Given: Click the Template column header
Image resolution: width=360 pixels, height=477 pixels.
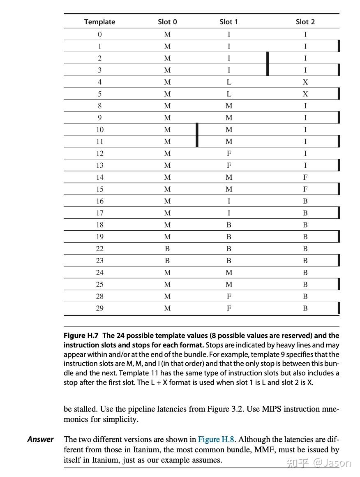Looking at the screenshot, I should [99, 22].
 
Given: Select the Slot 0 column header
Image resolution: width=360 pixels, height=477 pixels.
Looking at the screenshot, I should [167, 22].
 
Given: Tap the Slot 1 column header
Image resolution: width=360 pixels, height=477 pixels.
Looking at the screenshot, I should [228, 22].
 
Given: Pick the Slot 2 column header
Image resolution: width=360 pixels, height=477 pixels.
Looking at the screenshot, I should [305, 22].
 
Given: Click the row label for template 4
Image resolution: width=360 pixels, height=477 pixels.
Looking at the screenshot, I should [99, 82].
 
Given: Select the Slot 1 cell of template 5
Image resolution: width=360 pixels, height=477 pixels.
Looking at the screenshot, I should [229, 94].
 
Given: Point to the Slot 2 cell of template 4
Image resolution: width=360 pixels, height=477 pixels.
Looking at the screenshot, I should [305, 82].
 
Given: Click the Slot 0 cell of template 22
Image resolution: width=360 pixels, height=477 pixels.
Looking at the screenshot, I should [167, 248].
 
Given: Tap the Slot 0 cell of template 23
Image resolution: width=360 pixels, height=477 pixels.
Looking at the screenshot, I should [167, 260].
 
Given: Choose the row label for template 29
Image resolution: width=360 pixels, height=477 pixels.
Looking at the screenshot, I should [99, 308].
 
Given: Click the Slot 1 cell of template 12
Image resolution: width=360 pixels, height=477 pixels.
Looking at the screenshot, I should [229, 153].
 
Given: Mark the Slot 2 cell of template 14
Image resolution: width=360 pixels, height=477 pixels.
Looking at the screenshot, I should [305, 177].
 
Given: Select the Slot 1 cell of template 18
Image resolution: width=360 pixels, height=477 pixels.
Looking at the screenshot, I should [229, 225].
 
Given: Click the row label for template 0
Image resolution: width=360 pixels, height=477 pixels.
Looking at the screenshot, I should [99, 35].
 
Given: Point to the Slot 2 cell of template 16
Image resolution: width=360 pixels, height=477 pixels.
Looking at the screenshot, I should [305, 201].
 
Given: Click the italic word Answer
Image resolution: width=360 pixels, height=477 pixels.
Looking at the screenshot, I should [40, 439].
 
